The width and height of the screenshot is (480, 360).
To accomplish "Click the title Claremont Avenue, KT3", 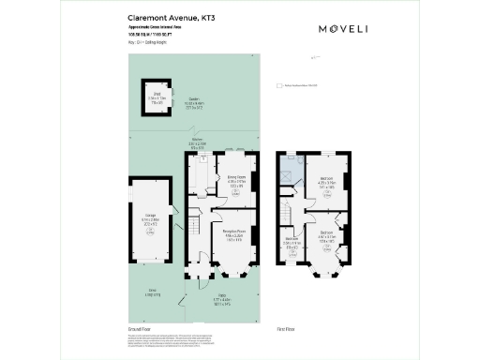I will pos(167,17).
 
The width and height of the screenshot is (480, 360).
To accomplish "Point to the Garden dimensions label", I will pos(195,106).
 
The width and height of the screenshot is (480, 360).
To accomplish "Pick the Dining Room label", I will pos(235,182).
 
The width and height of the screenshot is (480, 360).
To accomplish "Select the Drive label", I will pos(153,292).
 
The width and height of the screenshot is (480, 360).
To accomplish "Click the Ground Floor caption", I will pos(139,330).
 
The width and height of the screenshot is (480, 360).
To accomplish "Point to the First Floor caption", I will pos(287,330).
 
